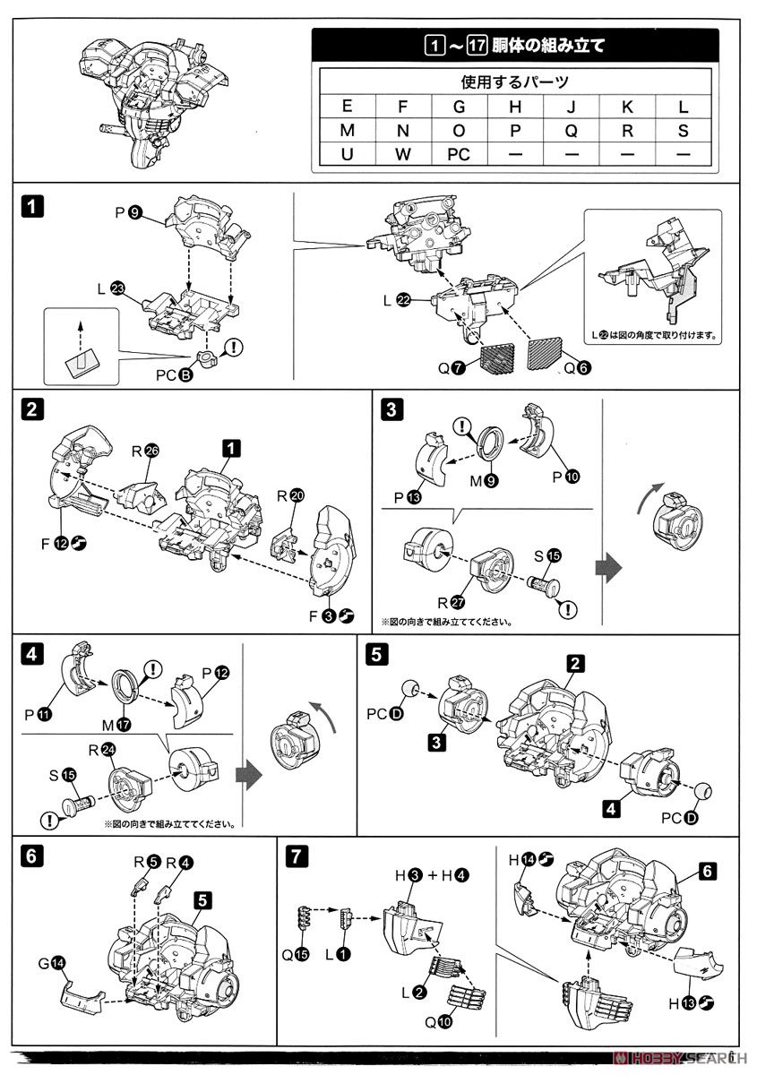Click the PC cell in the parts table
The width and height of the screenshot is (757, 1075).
(x=458, y=154)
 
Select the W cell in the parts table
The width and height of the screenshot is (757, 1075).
(x=402, y=154)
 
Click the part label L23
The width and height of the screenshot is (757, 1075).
(x=110, y=288)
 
